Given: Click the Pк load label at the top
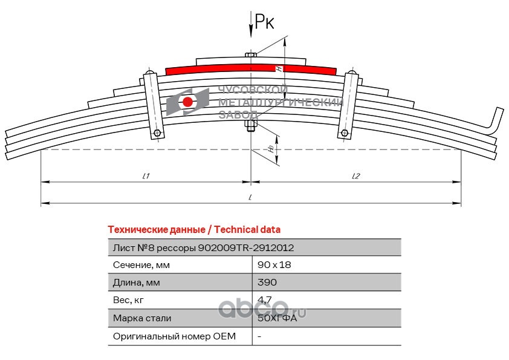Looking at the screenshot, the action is [x=264, y=23].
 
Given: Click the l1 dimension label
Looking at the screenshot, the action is [x=146, y=176].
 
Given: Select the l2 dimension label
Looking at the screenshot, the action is [x=356, y=176].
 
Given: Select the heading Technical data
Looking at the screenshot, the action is [x=193, y=230].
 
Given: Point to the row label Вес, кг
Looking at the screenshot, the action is [x=129, y=300].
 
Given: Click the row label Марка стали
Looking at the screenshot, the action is [x=141, y=318].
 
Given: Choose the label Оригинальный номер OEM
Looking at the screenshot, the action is [x=174, y=335].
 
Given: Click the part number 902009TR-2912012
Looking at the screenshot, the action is [x=246, y=247].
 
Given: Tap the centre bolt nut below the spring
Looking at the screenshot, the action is [x=250, y=126].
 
